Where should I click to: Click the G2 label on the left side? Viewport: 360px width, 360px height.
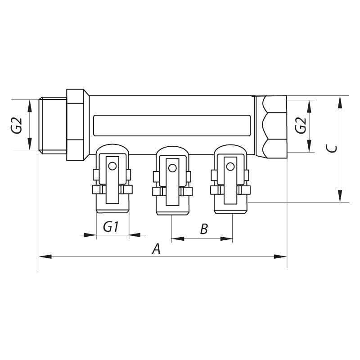click(17, 126)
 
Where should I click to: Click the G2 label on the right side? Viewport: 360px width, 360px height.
click(300, 126)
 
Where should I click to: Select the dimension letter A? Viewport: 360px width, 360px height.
click(156, 249)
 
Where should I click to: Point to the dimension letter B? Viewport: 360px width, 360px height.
click(203, 229)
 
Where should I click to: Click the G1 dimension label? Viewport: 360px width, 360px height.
click(111, 227)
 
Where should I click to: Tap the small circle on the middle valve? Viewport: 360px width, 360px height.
click(171, 168)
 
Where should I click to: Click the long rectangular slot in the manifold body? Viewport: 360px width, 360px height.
click(171, 125)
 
